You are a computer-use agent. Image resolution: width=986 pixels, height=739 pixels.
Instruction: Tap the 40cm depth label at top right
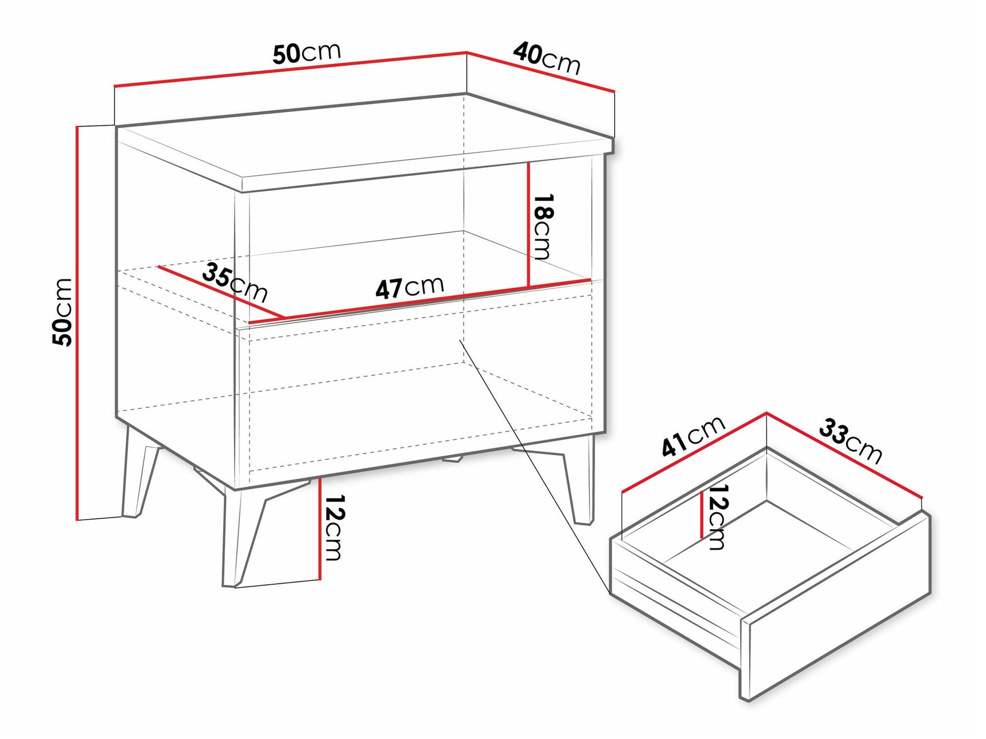click(x=547, y=58)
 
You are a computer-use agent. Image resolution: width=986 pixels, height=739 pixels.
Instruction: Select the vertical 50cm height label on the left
click(x=62, y=312)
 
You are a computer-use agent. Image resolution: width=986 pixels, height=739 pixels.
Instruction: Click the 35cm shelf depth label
click(x=235, y=282)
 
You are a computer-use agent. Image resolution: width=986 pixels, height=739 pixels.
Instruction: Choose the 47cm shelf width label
click(x=410, y=287)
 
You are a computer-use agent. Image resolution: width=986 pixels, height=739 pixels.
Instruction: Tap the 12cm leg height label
click(x=334, y=527)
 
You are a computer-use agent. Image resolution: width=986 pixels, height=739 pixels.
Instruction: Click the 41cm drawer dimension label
click(x=694, y=437)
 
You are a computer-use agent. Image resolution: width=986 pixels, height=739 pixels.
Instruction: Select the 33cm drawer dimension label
click(x=851, y=440)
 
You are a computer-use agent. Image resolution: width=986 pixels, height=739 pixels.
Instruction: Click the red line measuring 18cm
click(x=529, y=224)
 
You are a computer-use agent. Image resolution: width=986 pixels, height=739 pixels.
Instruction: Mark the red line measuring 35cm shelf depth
click(x=221, y=292)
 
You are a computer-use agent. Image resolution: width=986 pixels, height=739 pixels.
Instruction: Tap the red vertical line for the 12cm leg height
click(x=320, y=528)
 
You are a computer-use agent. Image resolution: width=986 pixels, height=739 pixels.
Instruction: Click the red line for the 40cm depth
click(x=540, y=72)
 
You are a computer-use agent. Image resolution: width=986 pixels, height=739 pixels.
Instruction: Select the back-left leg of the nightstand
click(x=138, y=472)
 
